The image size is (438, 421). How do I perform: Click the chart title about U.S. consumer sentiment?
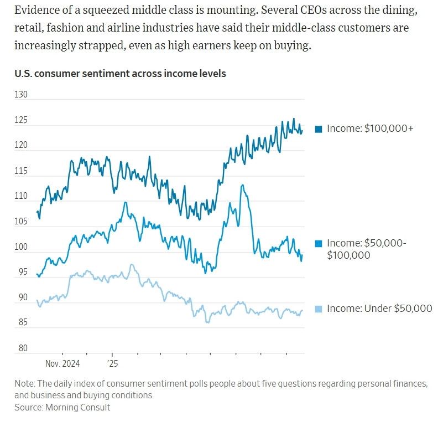tap(116, 74)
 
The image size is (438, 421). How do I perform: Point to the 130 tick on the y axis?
tap(21, 95)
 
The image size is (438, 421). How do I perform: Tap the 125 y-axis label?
tap(21, 120)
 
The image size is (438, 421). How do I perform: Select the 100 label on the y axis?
tap(21, 247)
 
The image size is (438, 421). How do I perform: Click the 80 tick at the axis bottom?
tap(21, 348)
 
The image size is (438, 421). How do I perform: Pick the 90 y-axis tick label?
tap(21, 298)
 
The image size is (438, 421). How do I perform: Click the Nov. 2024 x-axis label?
tap(62, 363)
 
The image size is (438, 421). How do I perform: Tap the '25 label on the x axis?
tap(112, 363)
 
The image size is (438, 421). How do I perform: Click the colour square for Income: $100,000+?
tap(319, 129)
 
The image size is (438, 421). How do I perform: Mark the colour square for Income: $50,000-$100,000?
tap(319, 244)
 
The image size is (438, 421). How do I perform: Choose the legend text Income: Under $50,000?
tap(379, 309)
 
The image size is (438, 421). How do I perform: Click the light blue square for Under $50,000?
tap(319, 309)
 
